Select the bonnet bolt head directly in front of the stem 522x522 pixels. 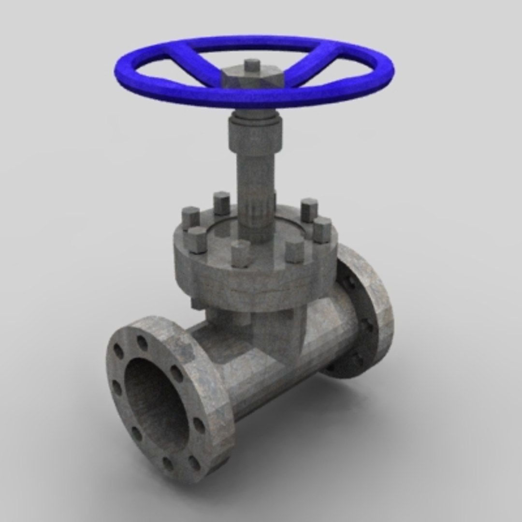coord(240,253)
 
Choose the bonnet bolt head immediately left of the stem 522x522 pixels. coord(221,203)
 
